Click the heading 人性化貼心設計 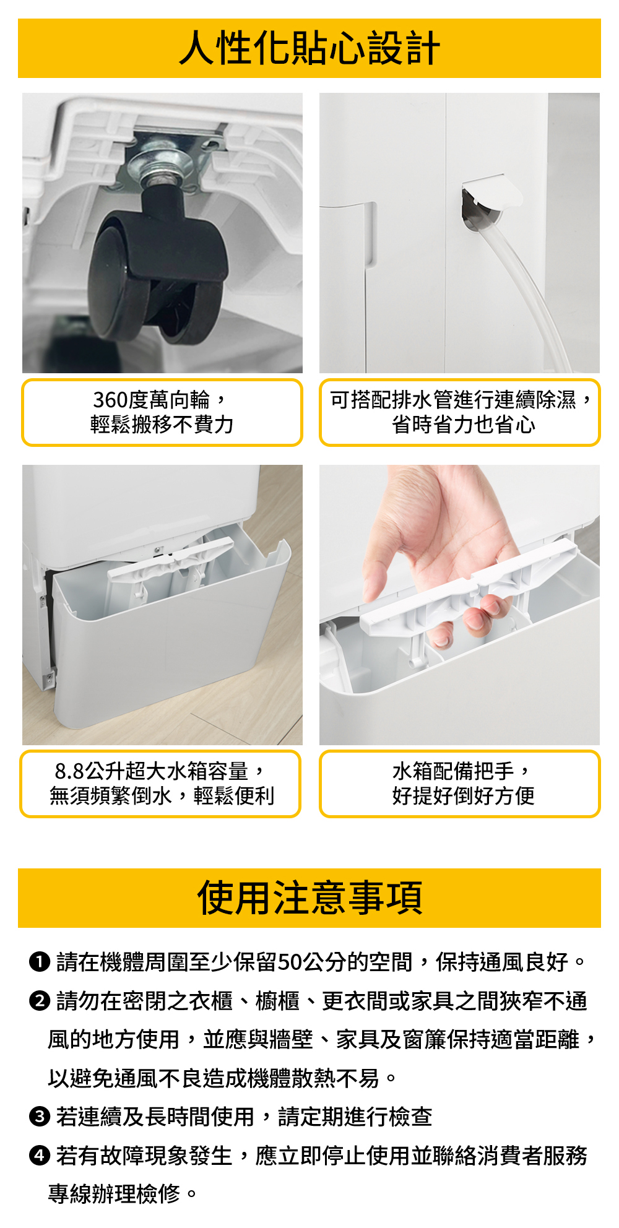click(309, 48)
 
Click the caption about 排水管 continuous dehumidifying click(461, 412)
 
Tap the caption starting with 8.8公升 click(161, 784)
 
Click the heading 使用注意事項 click(309, 898)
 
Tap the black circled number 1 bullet click(39, 962)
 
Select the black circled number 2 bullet click(39, 1001)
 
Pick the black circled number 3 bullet click(39, 1117)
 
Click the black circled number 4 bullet click(39, 1156)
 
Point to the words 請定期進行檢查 click(355, 1117)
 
